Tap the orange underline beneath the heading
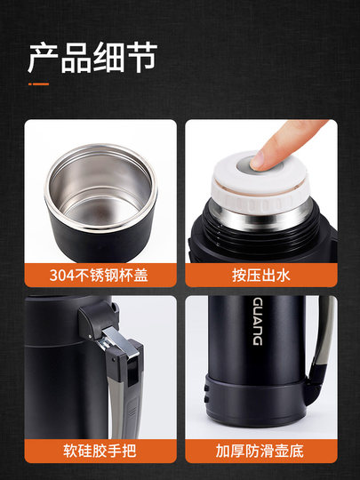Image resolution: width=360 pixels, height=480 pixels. [37, 84]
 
